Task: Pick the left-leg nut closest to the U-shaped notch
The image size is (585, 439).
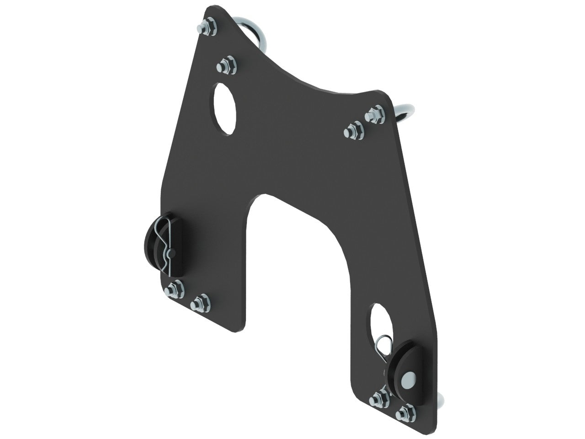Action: coord(198,303)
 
